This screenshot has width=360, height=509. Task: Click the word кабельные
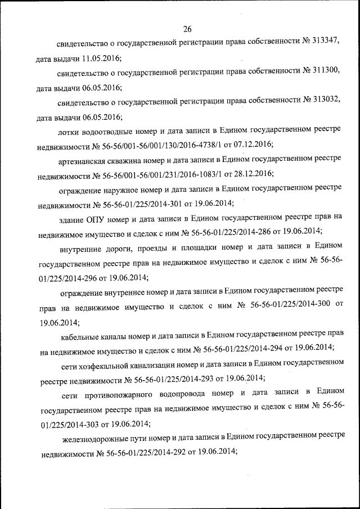82,336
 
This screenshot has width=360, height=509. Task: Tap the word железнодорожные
93,436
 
